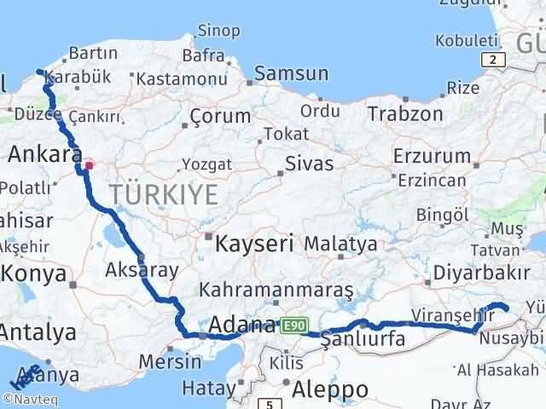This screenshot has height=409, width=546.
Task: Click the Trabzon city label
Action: tap(405, 113)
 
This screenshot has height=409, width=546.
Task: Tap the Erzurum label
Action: tap(432, 156)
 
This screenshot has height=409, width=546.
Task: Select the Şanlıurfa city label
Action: tap(362, 340)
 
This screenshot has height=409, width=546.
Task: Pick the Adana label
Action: tap(242, 325)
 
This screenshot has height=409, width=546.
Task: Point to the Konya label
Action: tap(35, 274)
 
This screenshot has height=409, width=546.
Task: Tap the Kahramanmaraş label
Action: tap(276, 291)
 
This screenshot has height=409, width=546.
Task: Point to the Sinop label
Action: tap(218, 32)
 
